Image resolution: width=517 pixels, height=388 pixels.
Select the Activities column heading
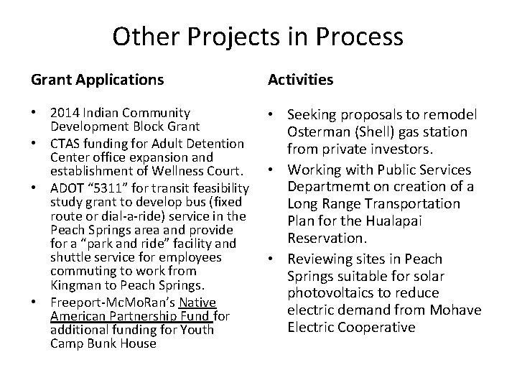coord(300,80)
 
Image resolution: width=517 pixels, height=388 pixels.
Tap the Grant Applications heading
coord(96,80)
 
